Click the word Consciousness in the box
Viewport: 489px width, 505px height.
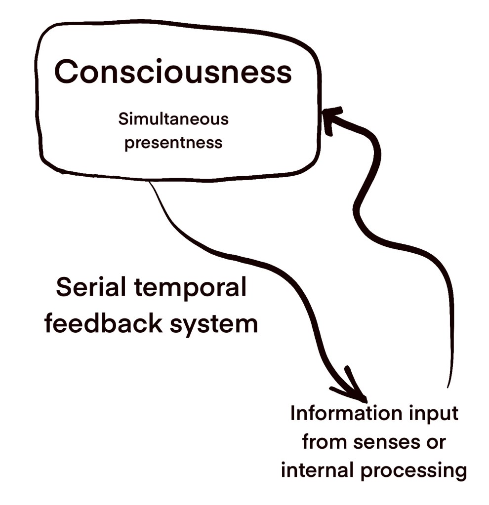[x=173, y=72]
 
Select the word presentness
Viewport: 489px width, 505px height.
[x=173, y=143]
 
